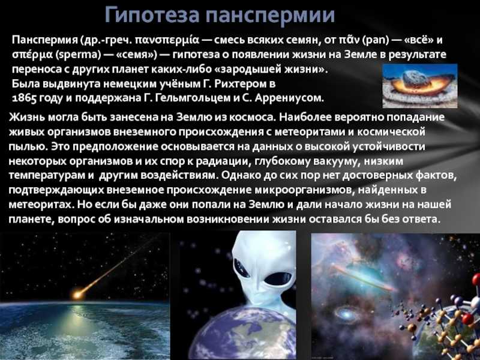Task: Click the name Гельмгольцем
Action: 191,98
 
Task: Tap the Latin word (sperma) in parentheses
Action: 79,55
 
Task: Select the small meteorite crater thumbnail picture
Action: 419,86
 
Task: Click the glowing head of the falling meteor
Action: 77,295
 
